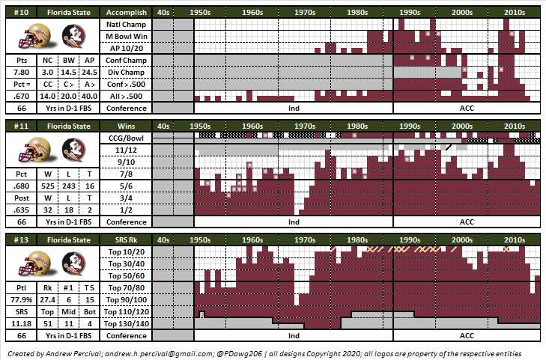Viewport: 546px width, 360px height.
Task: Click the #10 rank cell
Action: tap(21, 13)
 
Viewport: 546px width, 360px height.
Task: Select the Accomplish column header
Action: tap(126, 13)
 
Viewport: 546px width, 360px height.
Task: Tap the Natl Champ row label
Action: tap(126, 25)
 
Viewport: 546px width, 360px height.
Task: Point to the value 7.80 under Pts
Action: tap(21, 73)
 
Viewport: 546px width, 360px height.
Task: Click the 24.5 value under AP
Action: tap(89, 73)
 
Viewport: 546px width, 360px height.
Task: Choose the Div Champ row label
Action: tap(126, 73)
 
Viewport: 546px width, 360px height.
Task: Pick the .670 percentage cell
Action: tap(21, 97)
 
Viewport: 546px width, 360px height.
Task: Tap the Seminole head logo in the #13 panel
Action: tap(73, 263)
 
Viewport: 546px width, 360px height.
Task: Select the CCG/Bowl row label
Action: tap(126, 138)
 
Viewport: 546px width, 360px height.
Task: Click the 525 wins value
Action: tap(48, 186)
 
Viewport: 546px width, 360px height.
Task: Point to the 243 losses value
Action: tap(69, 186)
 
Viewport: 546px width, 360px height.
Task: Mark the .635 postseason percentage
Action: tap(21, 210)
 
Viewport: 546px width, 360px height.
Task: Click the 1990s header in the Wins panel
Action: tap(410, 126)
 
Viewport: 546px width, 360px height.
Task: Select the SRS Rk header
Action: tap(126, 240)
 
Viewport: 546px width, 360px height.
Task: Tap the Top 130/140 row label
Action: tap(126, 324)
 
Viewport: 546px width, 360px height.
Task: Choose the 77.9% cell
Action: tap(21, 300)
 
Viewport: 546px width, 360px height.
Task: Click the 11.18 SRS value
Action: tap(21, 324)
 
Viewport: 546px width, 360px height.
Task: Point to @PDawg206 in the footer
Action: tap(239, 354)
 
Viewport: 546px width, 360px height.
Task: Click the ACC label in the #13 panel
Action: tap(467, 335)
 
